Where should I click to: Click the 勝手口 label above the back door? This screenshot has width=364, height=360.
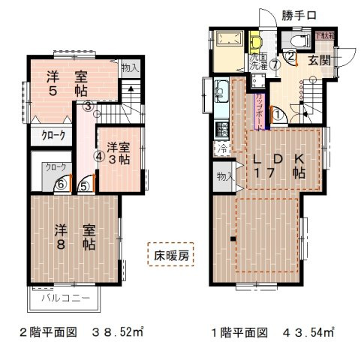[299, 15]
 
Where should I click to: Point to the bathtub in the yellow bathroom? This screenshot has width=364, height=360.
[228, 40]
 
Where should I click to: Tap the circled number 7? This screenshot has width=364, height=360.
[275, 64]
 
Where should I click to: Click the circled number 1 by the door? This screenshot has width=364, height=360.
[277, 115]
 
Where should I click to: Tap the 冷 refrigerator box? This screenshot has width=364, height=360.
[224, 148]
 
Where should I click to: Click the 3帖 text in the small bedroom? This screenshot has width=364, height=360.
[118, 160]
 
